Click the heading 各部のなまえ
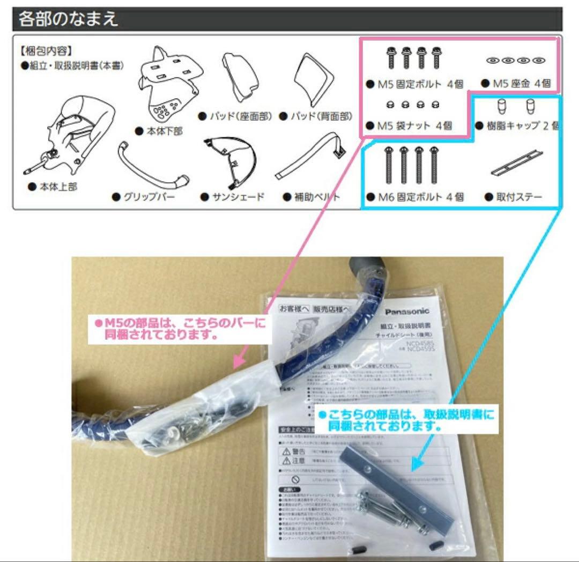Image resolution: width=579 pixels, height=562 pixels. pyautogui.click(x=69, y=19)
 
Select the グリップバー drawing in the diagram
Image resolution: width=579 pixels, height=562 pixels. pyautogui.click(x=153, y=164)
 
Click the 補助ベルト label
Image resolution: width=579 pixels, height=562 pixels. pyautogui.click(x=313, y=197)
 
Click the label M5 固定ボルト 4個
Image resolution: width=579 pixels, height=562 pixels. pyautogui.click(x=414, y=84)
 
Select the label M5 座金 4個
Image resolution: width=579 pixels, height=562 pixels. pyautogui.click(x=517, y=84)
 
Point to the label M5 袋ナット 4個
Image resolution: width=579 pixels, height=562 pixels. pyautogui.click(x=409, y=126)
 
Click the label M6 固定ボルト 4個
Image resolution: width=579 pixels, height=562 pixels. pyautogui.click(x=414, y=197)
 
